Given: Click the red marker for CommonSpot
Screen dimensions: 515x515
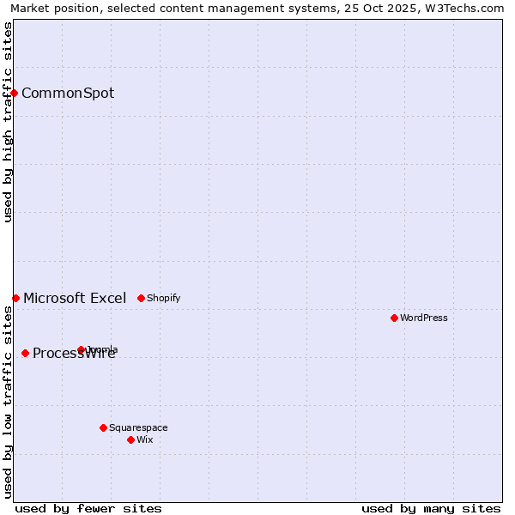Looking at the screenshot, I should (15, 93).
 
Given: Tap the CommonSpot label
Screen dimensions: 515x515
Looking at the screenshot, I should (68, 93).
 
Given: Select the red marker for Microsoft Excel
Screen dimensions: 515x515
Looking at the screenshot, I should (15, 298).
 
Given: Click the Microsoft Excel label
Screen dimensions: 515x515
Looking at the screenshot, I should (75, 298).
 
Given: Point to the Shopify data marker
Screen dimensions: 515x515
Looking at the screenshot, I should (141, 298).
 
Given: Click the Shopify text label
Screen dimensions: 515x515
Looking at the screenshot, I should (163, 298).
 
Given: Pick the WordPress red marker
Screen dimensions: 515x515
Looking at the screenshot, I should (394, 318).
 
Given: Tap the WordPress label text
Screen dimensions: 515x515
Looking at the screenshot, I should (423, 318).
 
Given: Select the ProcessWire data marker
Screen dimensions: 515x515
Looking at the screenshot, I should (25, 353).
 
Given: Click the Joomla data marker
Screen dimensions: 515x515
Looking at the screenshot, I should (81, 349).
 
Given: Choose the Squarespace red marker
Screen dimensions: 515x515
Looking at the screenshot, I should (103, 427).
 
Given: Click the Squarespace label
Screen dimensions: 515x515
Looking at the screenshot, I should (138, 427).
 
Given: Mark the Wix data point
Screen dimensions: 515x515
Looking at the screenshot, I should (130, 439).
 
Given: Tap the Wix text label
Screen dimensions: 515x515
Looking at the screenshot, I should (145, 439).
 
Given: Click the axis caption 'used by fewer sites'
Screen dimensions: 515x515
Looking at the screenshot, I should (88, 508).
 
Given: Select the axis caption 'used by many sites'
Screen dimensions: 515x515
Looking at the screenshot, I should (431, 508).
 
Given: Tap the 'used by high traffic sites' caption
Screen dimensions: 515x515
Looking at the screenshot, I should (8, 122).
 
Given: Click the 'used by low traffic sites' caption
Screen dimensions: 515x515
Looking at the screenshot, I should (8, 402).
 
